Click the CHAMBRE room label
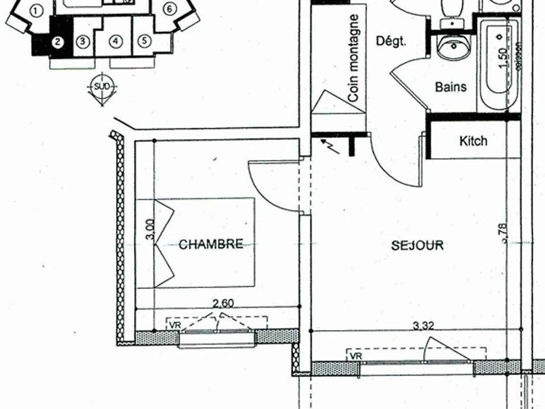211,244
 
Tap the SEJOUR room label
417,245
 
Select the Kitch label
473,141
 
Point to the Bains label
451,86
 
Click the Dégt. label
391,41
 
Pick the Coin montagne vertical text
354,58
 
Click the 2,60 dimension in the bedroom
223,303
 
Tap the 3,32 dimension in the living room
423,325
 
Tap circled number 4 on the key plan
116,41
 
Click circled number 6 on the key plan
169,9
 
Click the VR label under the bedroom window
174,325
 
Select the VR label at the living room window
356,356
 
